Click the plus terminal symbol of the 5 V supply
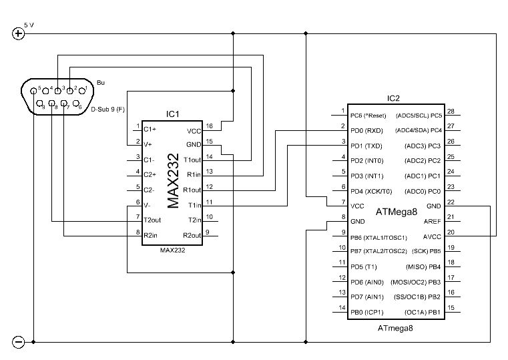coord(19,35)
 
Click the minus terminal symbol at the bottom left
coord(19,342)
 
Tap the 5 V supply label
coord(29,25)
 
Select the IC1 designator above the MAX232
coord(173,114)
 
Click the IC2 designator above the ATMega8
coord(393,98)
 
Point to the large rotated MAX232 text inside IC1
coord(173,180)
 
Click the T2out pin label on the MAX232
coord(152,219)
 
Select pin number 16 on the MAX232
coord(209,126)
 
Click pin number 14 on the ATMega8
coord(342,308)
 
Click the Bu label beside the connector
coord(101,83)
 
